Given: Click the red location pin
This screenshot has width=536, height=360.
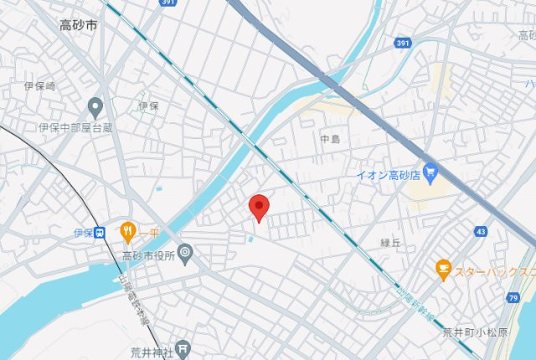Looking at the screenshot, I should [x=260, y=207].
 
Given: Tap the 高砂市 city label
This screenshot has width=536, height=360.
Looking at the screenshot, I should [x=78, y=25].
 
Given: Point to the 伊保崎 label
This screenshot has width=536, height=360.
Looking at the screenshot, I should [x=39, y=85].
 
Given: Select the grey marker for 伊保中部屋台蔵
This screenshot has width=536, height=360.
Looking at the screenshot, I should [x=95, y=106].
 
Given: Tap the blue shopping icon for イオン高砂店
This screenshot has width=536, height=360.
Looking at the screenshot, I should [x=431, y=172].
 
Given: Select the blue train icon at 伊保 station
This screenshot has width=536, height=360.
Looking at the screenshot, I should [x=100, y=232].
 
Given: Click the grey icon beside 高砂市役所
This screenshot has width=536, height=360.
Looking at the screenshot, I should [x=185, y=252].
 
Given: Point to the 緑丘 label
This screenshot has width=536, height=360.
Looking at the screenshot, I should [x=391, y=243].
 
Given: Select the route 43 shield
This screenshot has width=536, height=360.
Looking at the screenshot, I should [x=480, y=230].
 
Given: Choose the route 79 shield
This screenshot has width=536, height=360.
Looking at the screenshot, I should [x=513, y=298].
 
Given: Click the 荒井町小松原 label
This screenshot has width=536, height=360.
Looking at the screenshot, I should [x=475, y=332].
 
